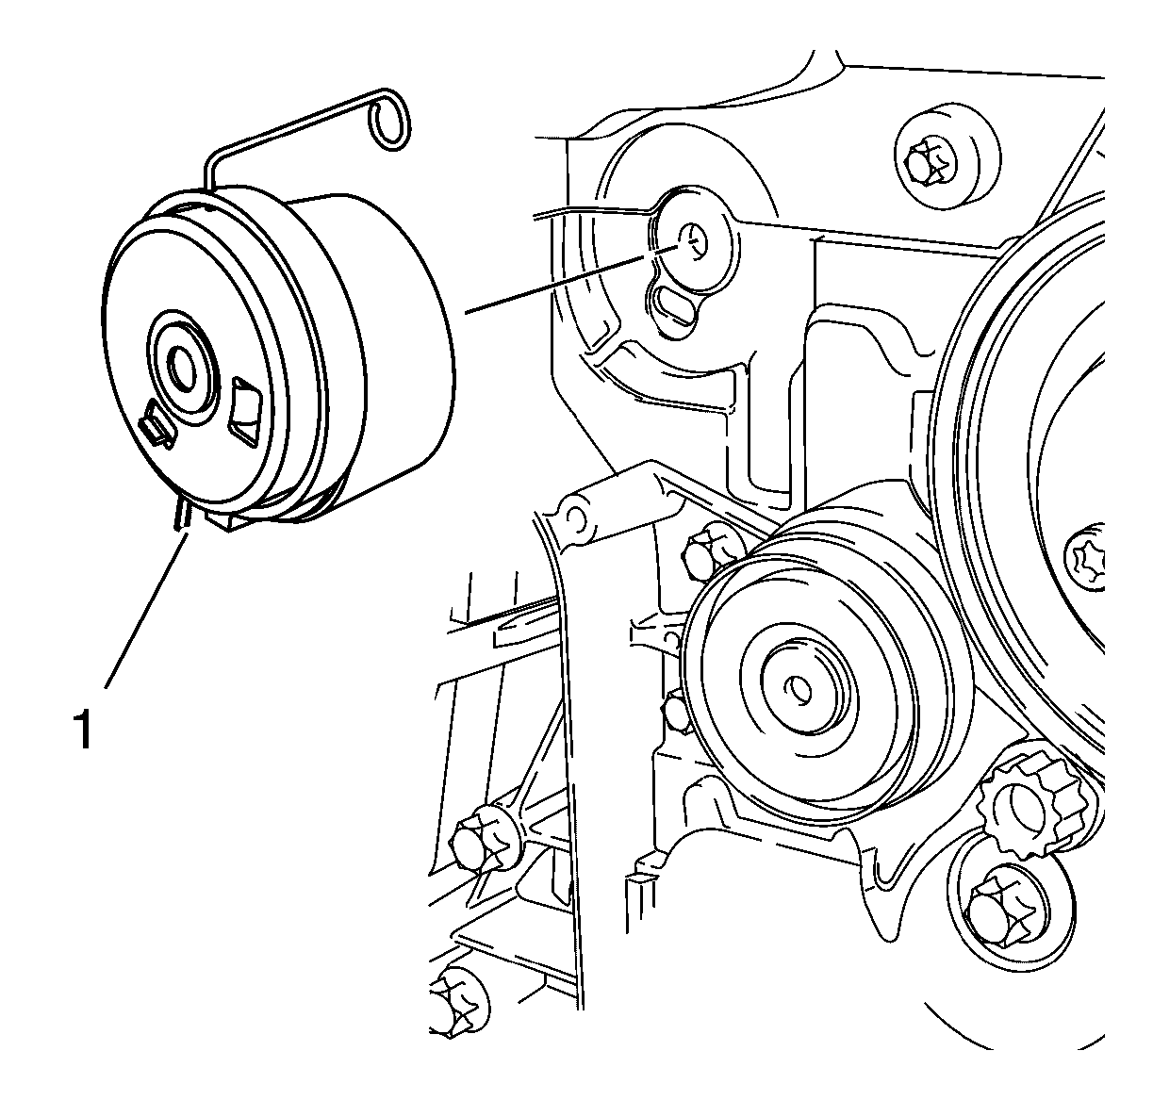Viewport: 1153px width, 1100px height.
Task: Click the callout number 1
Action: pos(83,728)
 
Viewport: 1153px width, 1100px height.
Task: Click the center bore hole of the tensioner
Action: pos(184,368)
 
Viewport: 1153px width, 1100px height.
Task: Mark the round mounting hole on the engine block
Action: pos(694,242)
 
